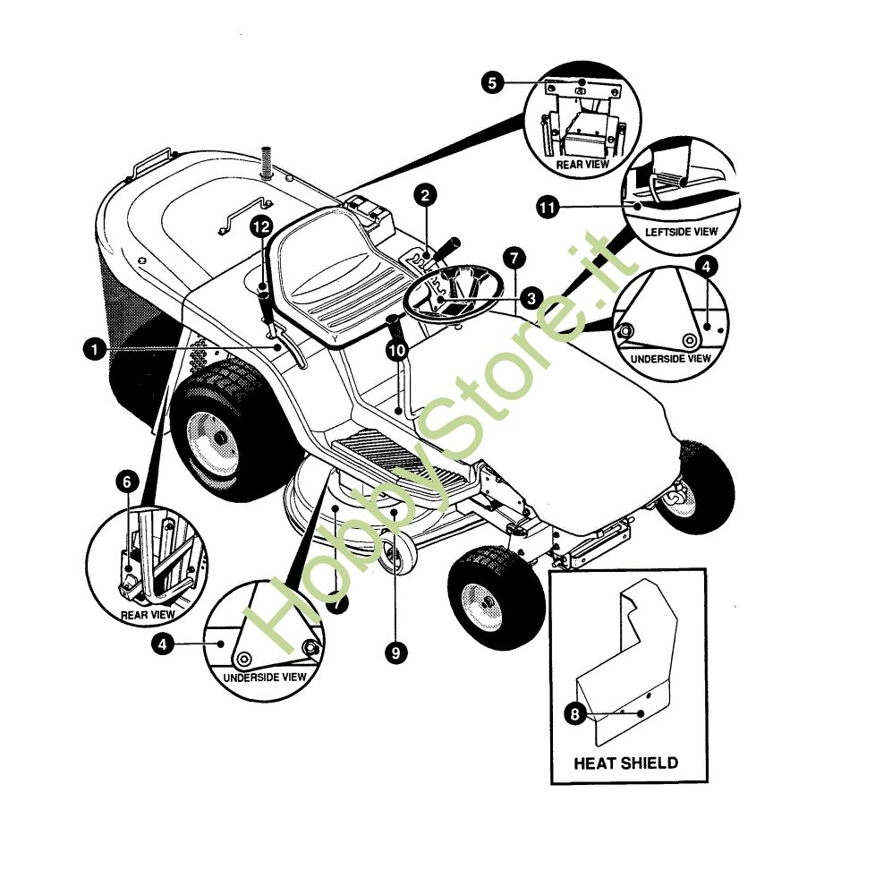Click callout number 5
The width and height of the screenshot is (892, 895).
[x=492, y=82]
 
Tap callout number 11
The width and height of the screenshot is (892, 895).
[x=548, y=207]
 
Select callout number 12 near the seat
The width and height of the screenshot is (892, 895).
[x=261, y=227]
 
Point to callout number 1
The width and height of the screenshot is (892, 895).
[x=94, y=349]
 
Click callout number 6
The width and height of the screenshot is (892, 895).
[x=127, y=482]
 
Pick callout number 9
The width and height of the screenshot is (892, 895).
[x=396, y=652]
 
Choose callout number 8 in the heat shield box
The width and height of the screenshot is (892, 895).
[x=575, y=714]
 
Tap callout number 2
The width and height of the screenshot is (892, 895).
[x=425, y=196]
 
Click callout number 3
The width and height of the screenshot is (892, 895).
[x=532, y=298]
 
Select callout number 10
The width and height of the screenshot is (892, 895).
[x=397, y=349]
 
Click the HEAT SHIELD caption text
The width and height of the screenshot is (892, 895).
[x=626, y=763]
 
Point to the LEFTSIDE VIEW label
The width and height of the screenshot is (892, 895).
[x=681, y=233]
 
